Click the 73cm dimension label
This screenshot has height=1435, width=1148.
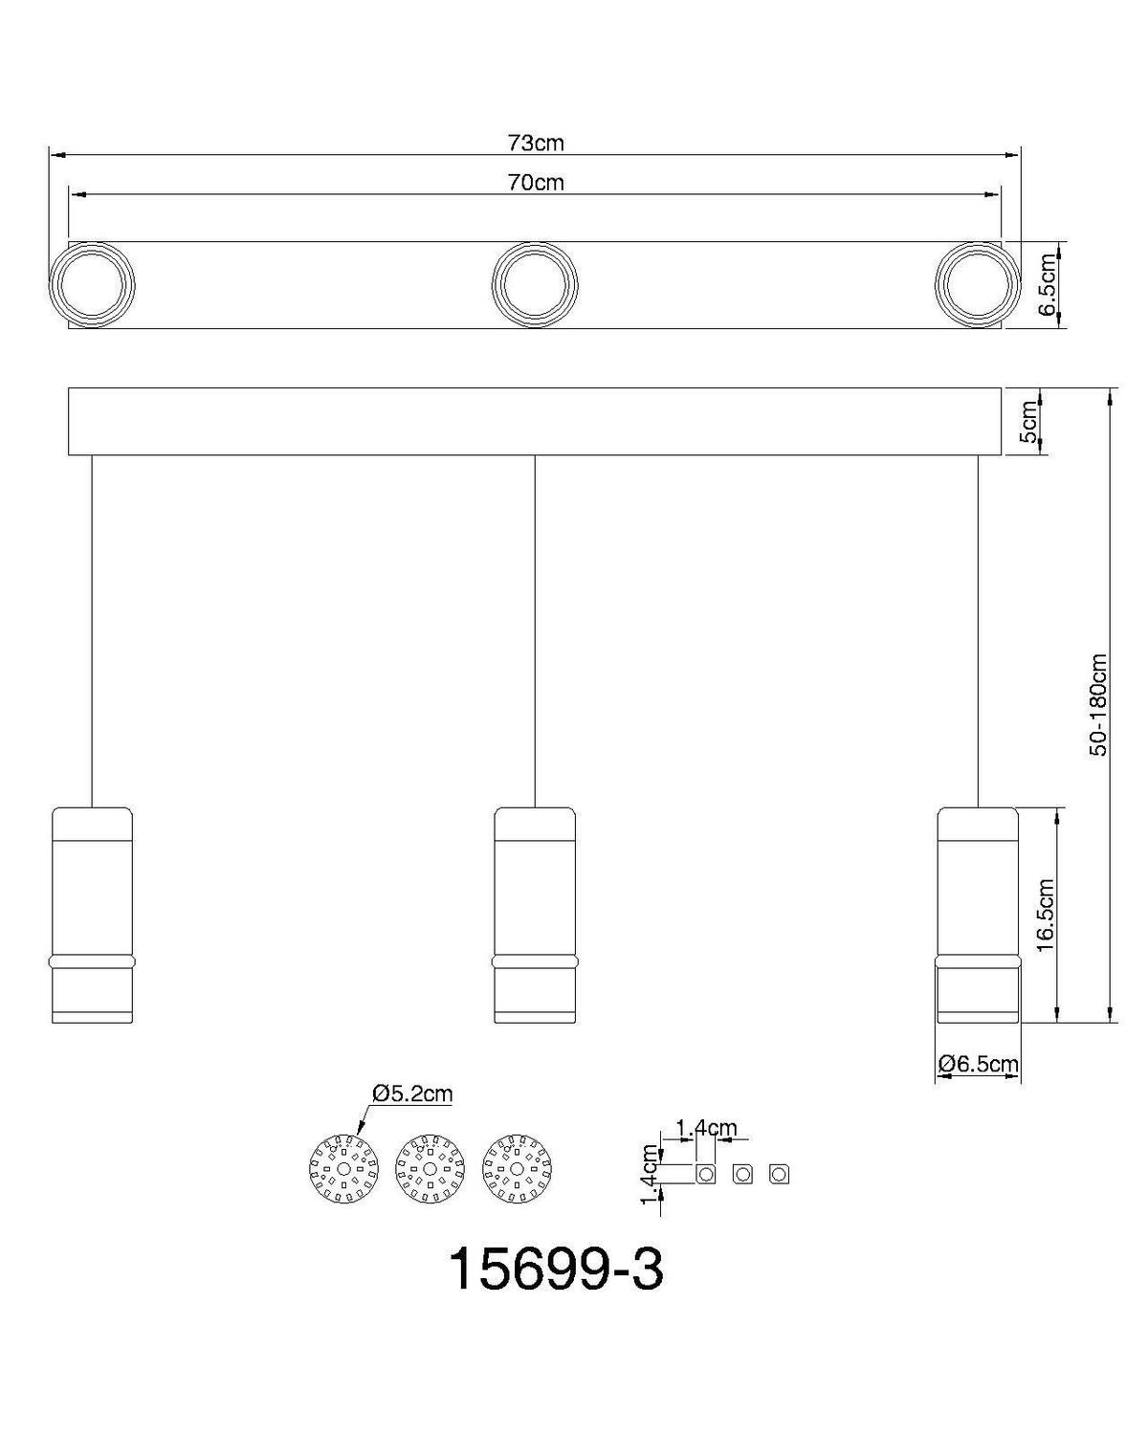click(x=536, y=143)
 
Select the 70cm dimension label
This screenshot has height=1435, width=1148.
click(x=536, y=183)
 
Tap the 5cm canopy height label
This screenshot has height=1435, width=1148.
click(x=1028, y=421)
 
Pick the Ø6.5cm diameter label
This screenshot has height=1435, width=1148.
click(x=978, y=1063)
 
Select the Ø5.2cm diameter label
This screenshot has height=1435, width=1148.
click(x=412, y=1093)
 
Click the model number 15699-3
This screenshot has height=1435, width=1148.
click(x=555, y=1270)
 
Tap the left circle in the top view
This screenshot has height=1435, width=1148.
click(x=92, y=285)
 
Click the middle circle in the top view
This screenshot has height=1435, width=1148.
click(x=535, y=285)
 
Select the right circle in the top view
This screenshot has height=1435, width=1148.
click(x=977, y=285)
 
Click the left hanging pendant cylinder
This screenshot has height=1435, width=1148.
click(x=92, y=915)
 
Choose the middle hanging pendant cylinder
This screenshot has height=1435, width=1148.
click(x=535, y=915)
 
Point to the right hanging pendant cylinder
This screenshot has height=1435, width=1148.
click(x=977, y=915)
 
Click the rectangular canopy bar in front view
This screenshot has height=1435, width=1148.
click(x=535, y=421)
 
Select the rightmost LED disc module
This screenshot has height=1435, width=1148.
click(x=518, y=1169)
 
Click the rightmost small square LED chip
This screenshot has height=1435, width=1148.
click(x=779, y=1174)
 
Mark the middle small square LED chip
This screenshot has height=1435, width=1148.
click(x=742, y=1174)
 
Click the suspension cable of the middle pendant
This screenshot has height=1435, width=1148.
click(x=535, y=631)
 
